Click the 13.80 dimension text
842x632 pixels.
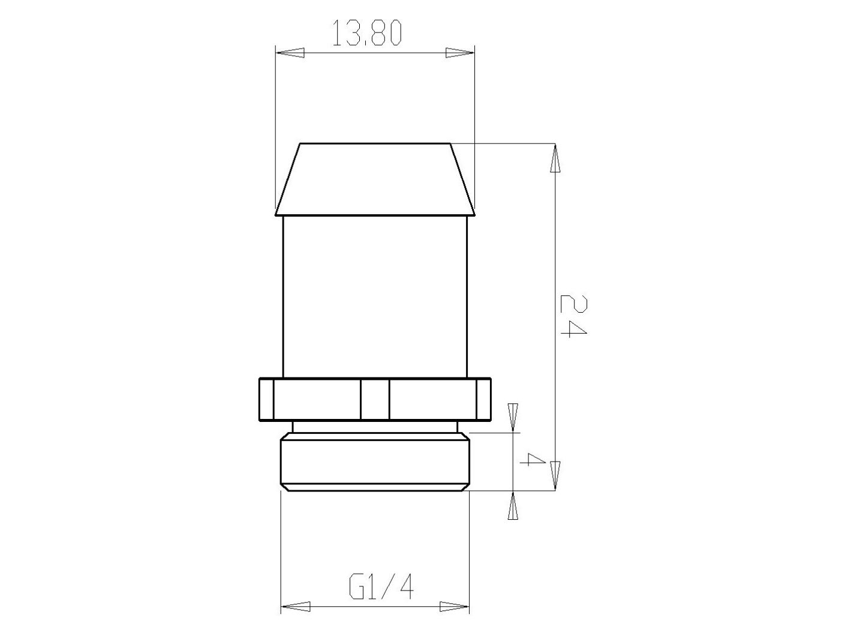coord(366,34)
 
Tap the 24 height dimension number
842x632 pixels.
coord(573,316)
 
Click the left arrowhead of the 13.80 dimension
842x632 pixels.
coord(290,53)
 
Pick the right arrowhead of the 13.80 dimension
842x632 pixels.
coord(460,53)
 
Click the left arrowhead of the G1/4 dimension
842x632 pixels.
coord(296,607)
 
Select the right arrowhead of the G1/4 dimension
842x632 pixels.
coord(455,607)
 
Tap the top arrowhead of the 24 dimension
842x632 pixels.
coord(555,158)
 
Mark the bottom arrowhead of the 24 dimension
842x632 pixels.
coord(555,476)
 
